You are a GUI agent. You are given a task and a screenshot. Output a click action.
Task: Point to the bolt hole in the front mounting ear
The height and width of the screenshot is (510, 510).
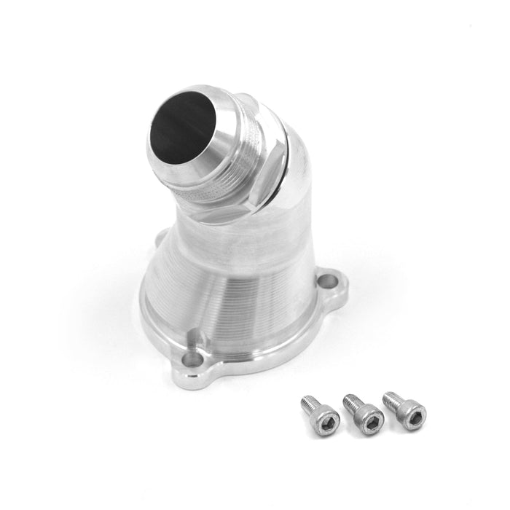[192, 359]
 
